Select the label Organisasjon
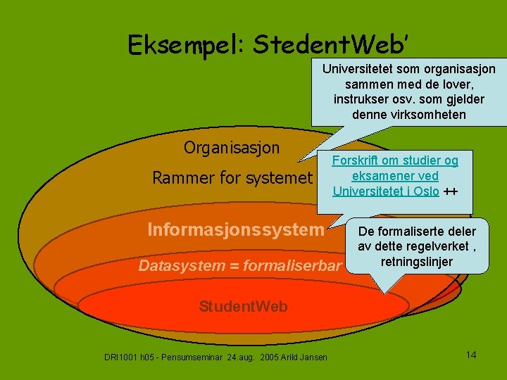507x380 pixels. pyautogui.click(x=232, y=148)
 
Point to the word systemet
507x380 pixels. pyautogui.click(x=275, y=178)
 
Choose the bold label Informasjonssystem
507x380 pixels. pyautogui.click(x=235, y=229)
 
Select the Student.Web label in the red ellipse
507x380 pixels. pyautogui.click(x=243, y=307)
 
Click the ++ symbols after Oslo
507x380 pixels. pyautogui.click(x=451, y=191)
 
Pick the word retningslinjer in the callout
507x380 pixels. pyautogui.click(x=417, y=262)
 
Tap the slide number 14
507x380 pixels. pyautogui.click(x=471, y=355)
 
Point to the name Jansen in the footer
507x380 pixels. pyautogui.click(x=314, y=357)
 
